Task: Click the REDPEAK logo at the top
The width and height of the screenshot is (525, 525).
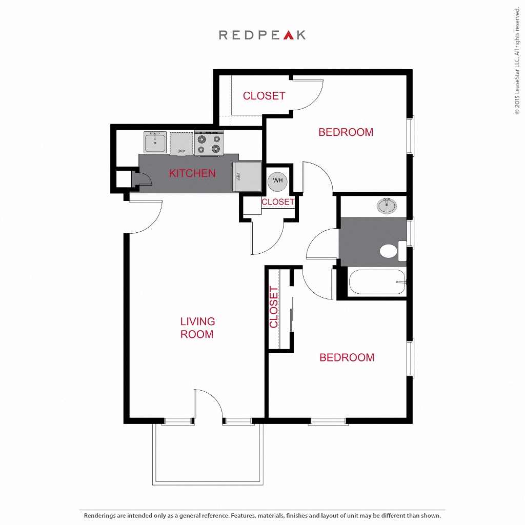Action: point(262,35)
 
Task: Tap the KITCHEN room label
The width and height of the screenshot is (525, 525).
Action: point(192,173)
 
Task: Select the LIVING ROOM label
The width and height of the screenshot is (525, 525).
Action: point(197,328)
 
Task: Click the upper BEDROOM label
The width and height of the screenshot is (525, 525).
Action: point(346,132)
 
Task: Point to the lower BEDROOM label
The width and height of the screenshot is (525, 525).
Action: point(347,357)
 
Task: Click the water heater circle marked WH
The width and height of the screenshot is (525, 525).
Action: point(277,181)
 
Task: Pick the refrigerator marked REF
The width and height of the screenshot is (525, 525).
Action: point(247,177)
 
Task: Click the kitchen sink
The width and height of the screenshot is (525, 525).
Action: point(155,142)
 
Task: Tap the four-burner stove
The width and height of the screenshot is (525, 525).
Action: point(209,144)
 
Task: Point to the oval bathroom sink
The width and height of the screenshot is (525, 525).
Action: point(387,206)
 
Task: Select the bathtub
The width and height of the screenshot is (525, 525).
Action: point(377,282)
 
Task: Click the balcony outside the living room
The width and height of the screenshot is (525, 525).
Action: point(208,454)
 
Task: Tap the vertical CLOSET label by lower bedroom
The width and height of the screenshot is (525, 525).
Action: point(274,307)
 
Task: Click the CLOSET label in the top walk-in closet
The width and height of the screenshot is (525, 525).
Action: point(264,96)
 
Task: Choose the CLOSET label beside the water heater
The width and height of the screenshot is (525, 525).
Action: point(278,202)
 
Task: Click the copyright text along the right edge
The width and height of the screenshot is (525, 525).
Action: point(517,60)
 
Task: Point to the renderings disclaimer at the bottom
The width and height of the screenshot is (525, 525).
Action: point(262,516)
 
